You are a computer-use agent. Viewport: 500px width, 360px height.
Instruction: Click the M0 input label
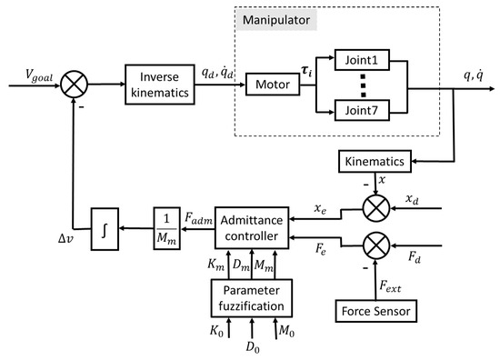click(x=287, y=346)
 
